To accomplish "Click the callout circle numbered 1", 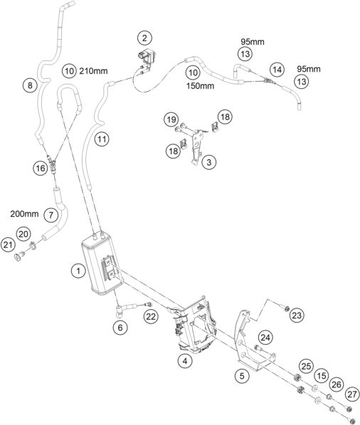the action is click(78, 271).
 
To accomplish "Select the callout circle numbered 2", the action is click(144, 38).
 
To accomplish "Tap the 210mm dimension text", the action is click(93, 71).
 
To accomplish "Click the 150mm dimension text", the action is click(200, 86).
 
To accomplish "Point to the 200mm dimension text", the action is click(24, 214).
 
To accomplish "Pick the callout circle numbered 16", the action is click(41, 168).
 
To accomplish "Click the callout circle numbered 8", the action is click(30, 85).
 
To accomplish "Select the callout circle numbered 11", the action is click(102, 139).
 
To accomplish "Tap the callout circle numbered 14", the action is click(277, 70).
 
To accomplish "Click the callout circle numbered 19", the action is click(171, 119).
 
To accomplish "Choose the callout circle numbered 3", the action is click(209, 162).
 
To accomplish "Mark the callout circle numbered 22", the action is click(151, 316).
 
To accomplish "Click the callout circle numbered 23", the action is click(297, 316).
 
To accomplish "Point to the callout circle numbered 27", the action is click(352, 394).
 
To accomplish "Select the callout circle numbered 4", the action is click(185, 361).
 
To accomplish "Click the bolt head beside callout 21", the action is click(19, 256).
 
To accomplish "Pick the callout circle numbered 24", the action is click(265, 338).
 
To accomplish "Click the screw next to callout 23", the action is click(285, 307).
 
